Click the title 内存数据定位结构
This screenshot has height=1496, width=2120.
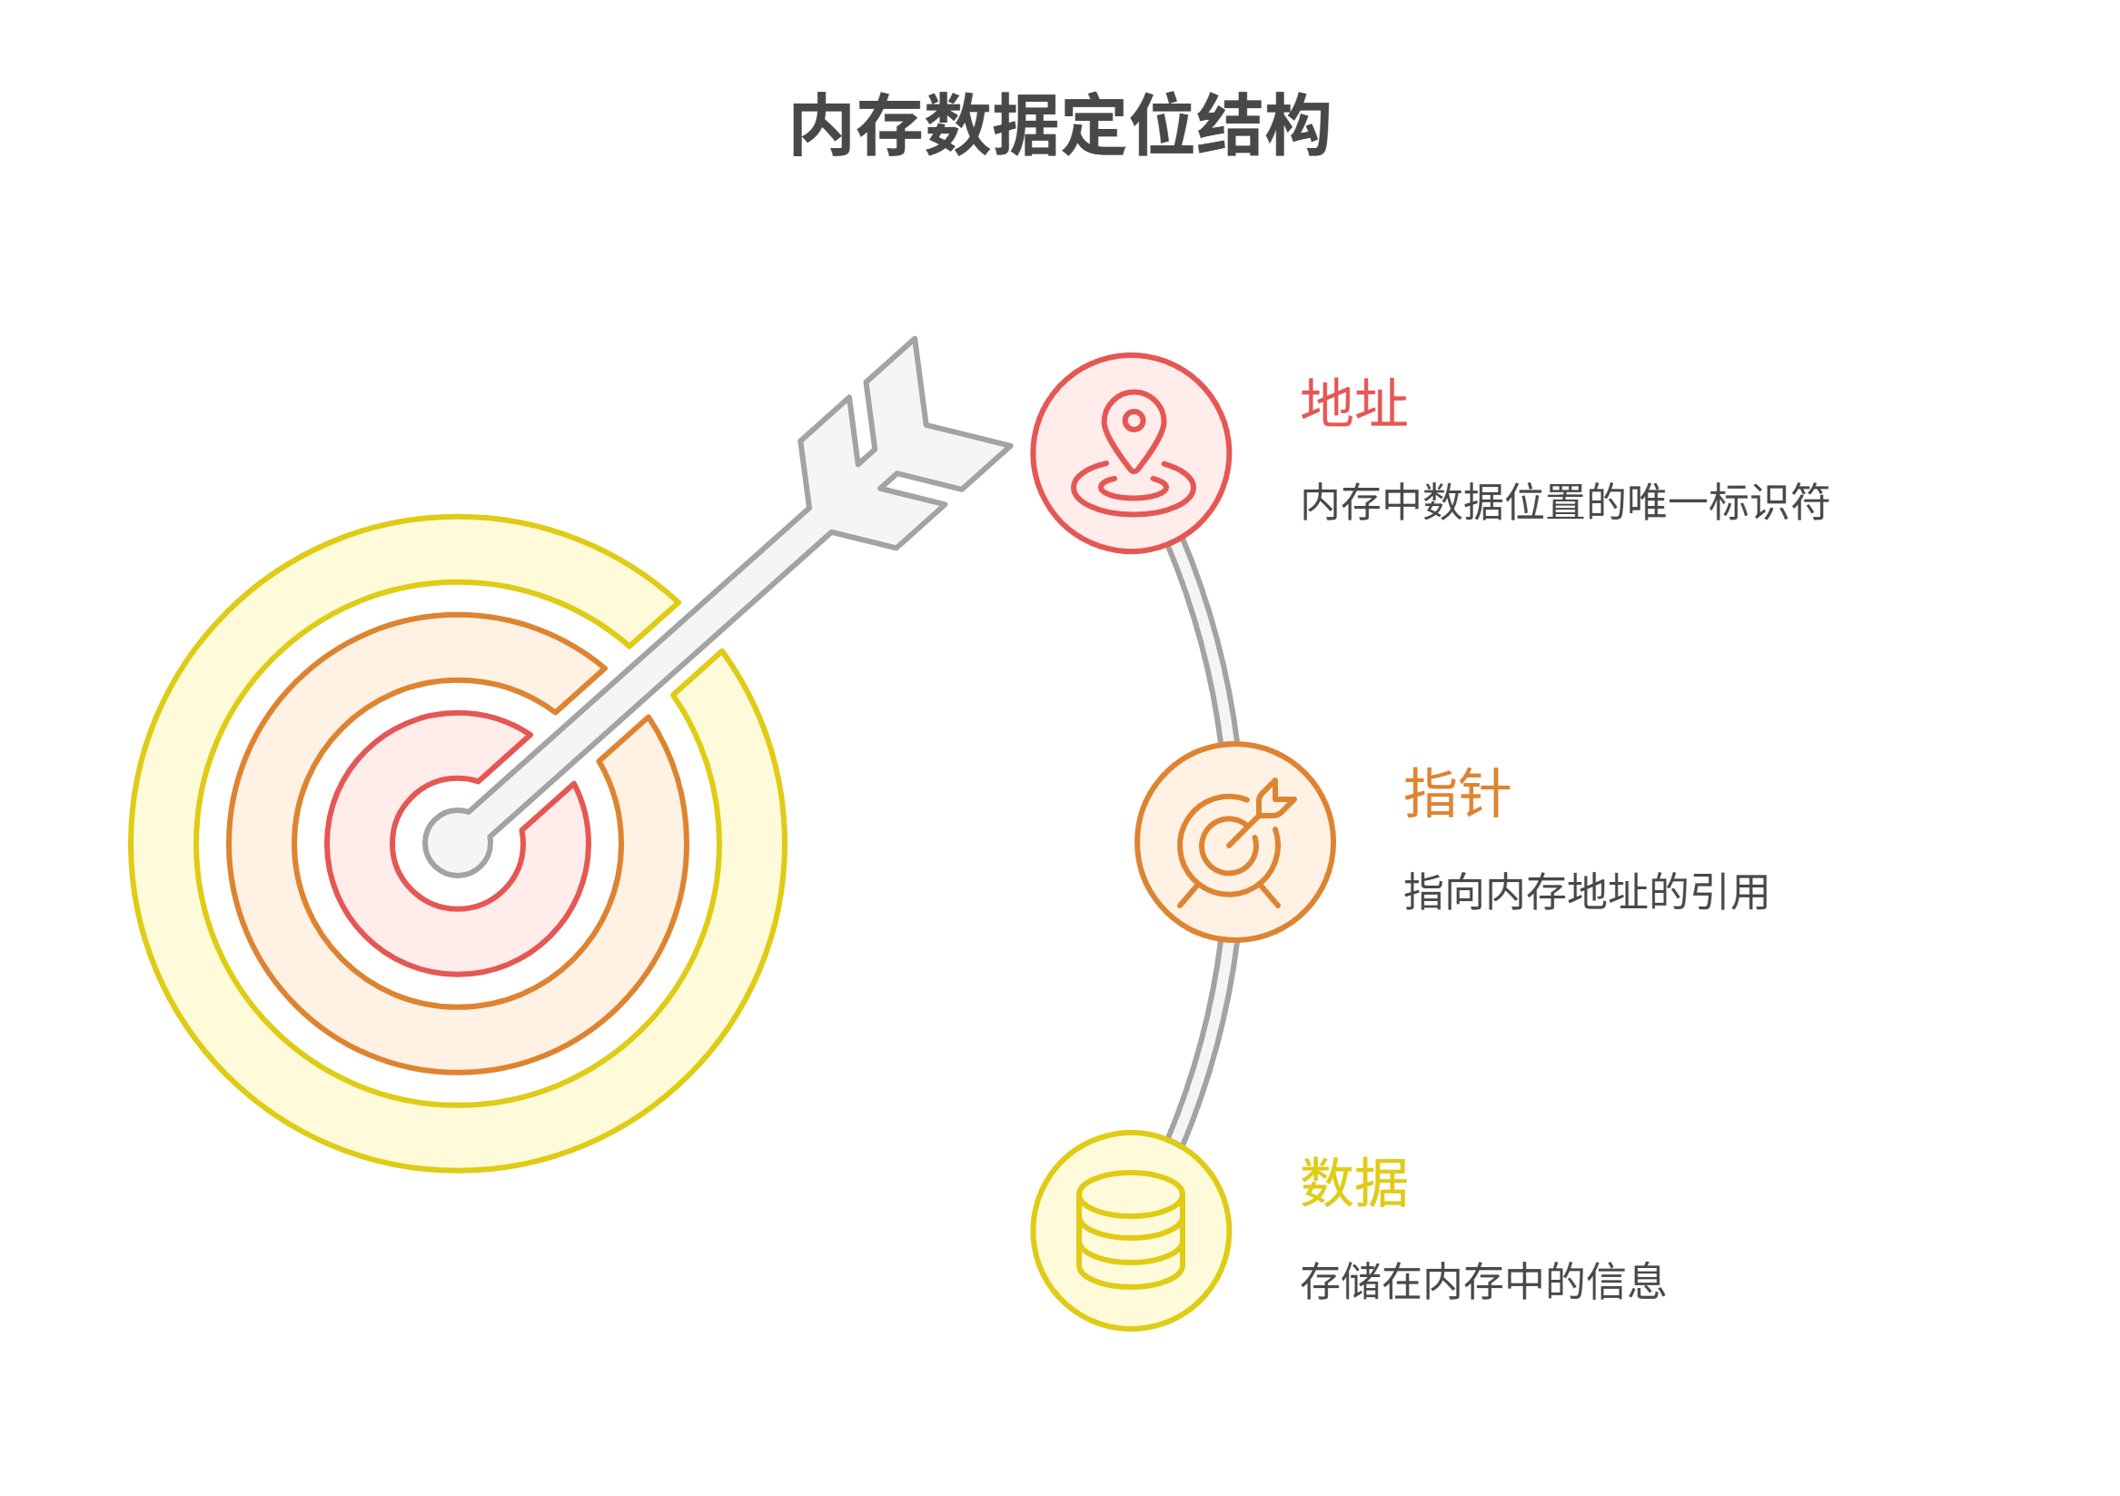[1059, 125]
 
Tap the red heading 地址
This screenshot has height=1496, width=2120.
[1353, 403]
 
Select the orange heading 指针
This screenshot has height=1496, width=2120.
[1457, 793]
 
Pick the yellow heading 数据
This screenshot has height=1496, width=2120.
[1353, 1183]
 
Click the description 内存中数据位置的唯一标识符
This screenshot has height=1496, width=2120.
[1564, 502]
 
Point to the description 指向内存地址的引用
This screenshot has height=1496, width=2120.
[1585, 892]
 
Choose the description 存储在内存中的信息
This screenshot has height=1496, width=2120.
[1483, 1282]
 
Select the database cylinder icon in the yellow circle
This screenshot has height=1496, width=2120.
[1130, 1229]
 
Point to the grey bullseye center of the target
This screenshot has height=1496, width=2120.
[457, 842]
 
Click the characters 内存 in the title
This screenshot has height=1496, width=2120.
[857, 125]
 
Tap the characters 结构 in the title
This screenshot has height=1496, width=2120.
[1263, 125]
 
